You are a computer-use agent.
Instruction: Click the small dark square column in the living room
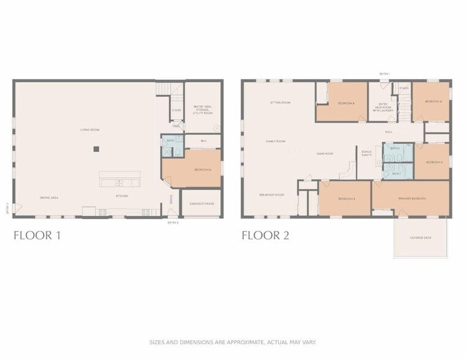95,149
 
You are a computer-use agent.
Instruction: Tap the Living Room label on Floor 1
90,130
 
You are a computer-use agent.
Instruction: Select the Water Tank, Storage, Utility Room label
203,110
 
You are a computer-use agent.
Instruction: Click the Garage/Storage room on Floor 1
201,203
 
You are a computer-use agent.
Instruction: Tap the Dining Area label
49,197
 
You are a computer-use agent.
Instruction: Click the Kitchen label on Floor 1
122,197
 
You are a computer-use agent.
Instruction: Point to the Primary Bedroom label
412,199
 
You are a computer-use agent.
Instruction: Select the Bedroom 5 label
346,103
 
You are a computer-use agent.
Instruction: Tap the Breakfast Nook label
271,194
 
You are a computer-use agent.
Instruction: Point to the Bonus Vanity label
367,153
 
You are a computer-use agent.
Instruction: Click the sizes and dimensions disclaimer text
233,342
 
